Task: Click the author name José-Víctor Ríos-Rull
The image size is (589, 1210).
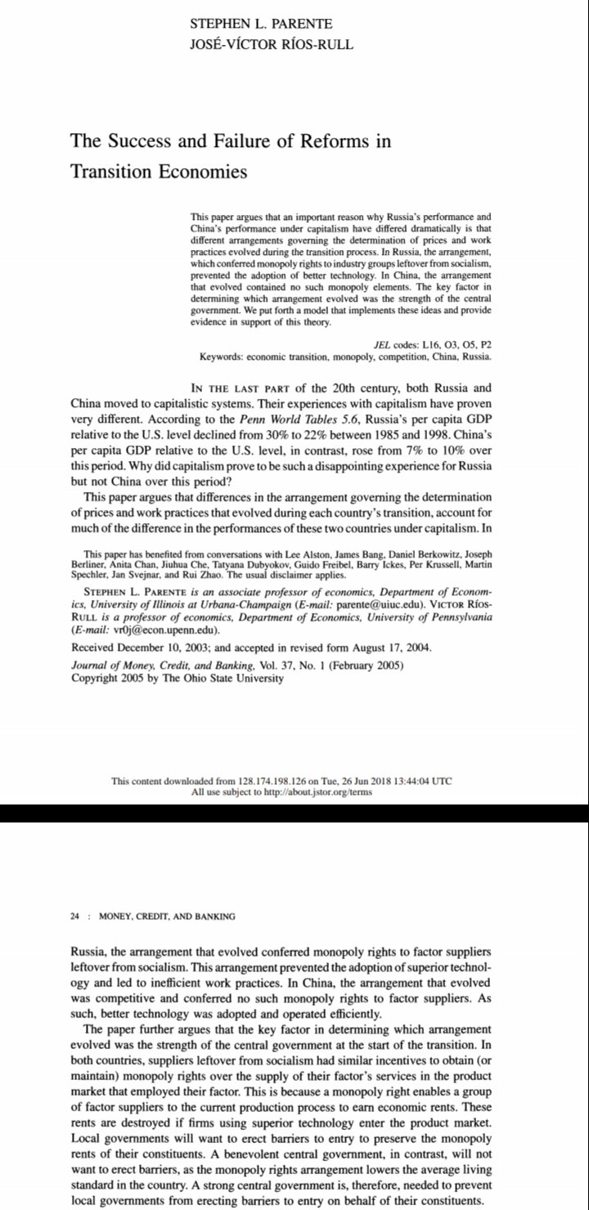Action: click(x=272, y=43)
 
